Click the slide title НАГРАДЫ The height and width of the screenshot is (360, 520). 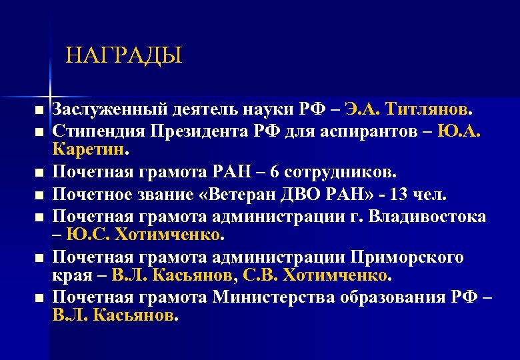(124, 55)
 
